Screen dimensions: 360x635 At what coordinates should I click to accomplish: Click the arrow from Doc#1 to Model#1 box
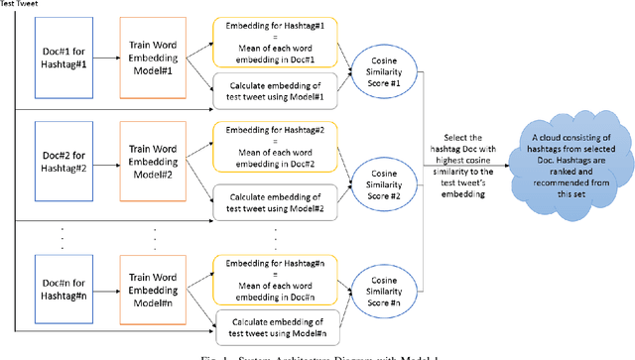(107, 54)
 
